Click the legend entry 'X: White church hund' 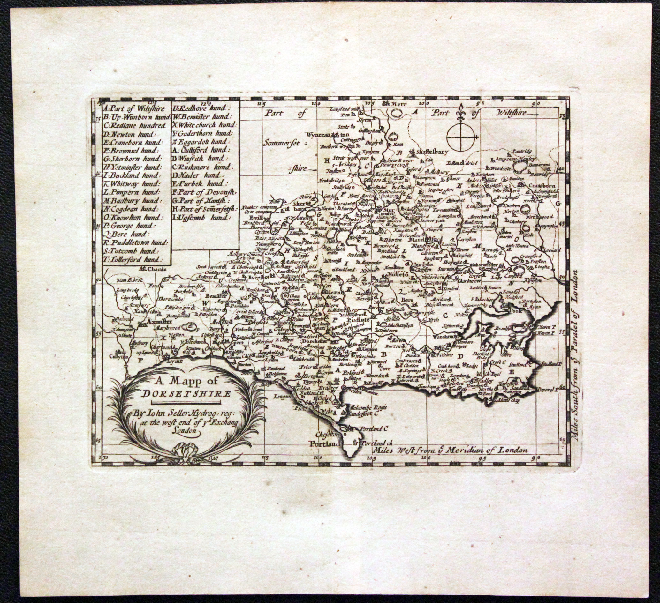(x=205, y=125)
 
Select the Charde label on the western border (x=153, y=270)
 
